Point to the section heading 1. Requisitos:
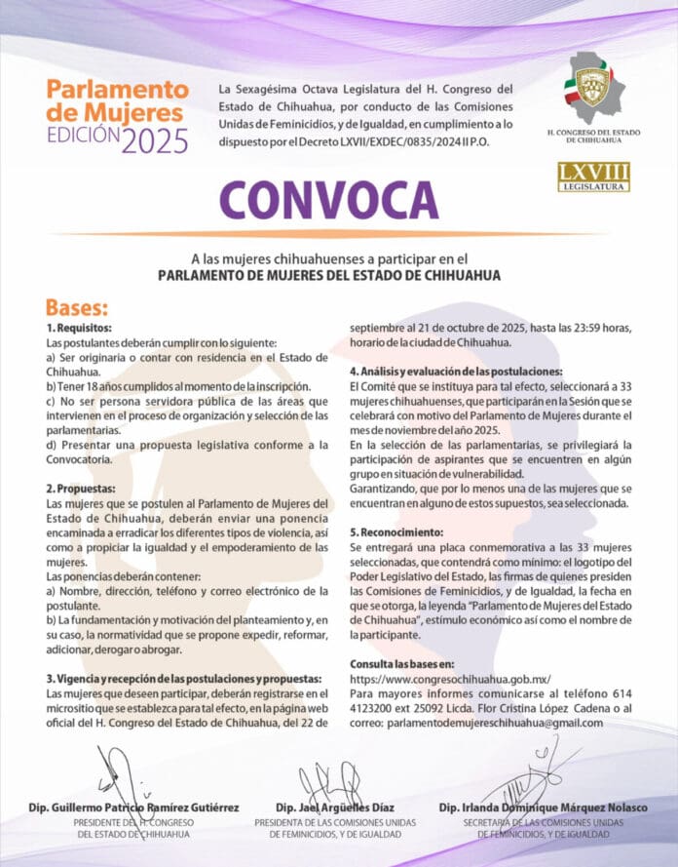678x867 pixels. pyautogui.click(x=80, y=330)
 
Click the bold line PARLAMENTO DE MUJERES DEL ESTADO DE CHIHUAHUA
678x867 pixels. pyautogui.click(x=329, y=276)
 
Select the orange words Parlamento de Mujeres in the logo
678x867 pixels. pyautogui.click(x=117, y=100)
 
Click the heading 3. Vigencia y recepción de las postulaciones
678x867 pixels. pyautogui.click(x=184, y=678)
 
